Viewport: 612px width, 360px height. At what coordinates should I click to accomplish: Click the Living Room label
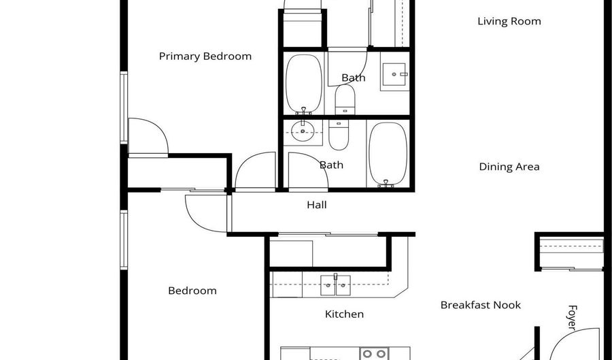click(509, 22)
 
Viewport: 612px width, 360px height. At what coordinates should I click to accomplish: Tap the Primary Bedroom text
click(205, 56)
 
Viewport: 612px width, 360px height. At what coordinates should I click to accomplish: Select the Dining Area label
click(509, 167)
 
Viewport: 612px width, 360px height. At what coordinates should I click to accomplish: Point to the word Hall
click(316, 205)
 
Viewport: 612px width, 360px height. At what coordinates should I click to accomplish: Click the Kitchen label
click(344, 314)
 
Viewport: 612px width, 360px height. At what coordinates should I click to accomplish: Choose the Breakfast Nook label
click(481, 305)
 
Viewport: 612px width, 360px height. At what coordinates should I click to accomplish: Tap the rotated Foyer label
click(572, 317)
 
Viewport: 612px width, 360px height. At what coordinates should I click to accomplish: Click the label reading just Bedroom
click(192, 291)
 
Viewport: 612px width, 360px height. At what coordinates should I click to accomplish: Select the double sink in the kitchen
click(335, 285)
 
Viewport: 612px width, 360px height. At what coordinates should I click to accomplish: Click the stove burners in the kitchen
click(374, 353)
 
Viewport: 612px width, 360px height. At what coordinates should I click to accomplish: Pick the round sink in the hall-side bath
click(303, 131)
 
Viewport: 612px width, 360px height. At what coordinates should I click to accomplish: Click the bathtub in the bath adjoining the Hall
click(388, 154)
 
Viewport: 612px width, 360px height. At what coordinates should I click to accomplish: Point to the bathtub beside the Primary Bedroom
click(304, 84)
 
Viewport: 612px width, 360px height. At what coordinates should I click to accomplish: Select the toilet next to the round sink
click(339, 135)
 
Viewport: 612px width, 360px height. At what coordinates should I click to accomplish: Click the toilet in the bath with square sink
click(345, 100)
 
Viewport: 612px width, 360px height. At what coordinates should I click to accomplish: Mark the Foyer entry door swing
click(574, 344)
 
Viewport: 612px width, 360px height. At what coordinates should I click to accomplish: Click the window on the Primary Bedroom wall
click(124, 108)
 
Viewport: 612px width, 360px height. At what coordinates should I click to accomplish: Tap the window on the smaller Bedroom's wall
click(124, 240)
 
